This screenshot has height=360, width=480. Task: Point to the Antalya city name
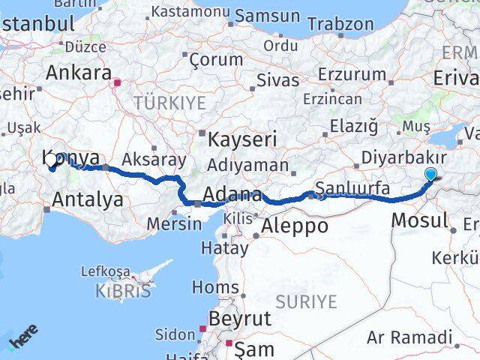click(88, 199)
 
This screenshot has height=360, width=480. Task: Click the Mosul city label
click(419, 220)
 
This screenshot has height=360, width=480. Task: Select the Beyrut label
click(240, 319)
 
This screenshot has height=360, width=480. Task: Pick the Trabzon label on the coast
click(340, 24)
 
